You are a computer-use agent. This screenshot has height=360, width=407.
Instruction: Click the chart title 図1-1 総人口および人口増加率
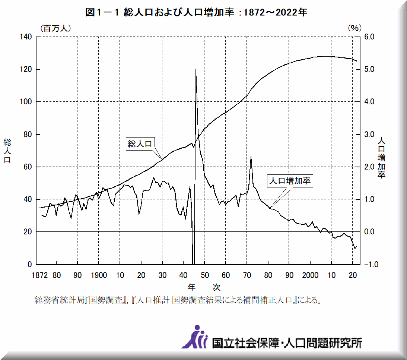coord(197,13)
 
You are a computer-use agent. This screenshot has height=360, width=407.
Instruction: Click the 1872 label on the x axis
coord(39,275)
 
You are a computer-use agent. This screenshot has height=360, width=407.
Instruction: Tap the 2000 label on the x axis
coord(310,275)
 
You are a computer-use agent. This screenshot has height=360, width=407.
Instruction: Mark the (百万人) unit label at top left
coord(53,28)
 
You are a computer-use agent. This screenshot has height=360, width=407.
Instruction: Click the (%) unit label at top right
coord(355,28)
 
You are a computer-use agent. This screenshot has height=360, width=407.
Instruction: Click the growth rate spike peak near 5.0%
coord(196,70)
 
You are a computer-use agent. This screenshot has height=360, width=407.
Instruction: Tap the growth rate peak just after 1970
coord(251,157)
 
